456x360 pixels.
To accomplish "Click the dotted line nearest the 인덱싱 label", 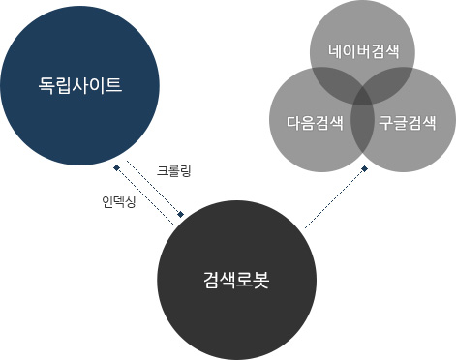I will coord(145,196).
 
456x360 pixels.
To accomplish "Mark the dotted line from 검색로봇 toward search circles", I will coord(334,199).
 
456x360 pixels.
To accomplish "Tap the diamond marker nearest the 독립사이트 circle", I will coord(116,168).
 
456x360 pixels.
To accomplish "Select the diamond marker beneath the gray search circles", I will coord(365,169).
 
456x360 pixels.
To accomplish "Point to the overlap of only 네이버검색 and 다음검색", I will coord(329,81).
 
